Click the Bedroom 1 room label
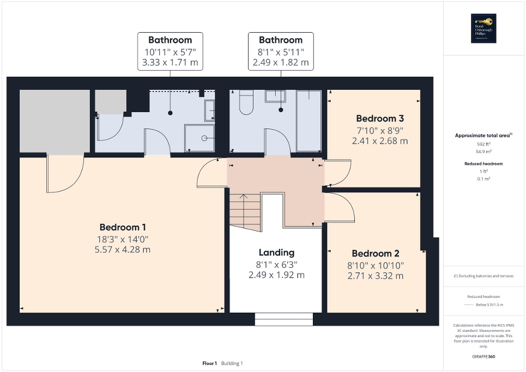123,227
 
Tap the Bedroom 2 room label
375,253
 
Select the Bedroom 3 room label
380,118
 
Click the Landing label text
276,252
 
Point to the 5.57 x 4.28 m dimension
123,249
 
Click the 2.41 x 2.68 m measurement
380,141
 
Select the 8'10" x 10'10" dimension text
375,265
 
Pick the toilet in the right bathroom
246,102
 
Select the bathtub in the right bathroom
309,121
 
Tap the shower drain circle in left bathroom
204,138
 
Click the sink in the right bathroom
275,96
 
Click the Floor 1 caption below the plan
210,363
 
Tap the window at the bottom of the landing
284,320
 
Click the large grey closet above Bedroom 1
55,121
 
